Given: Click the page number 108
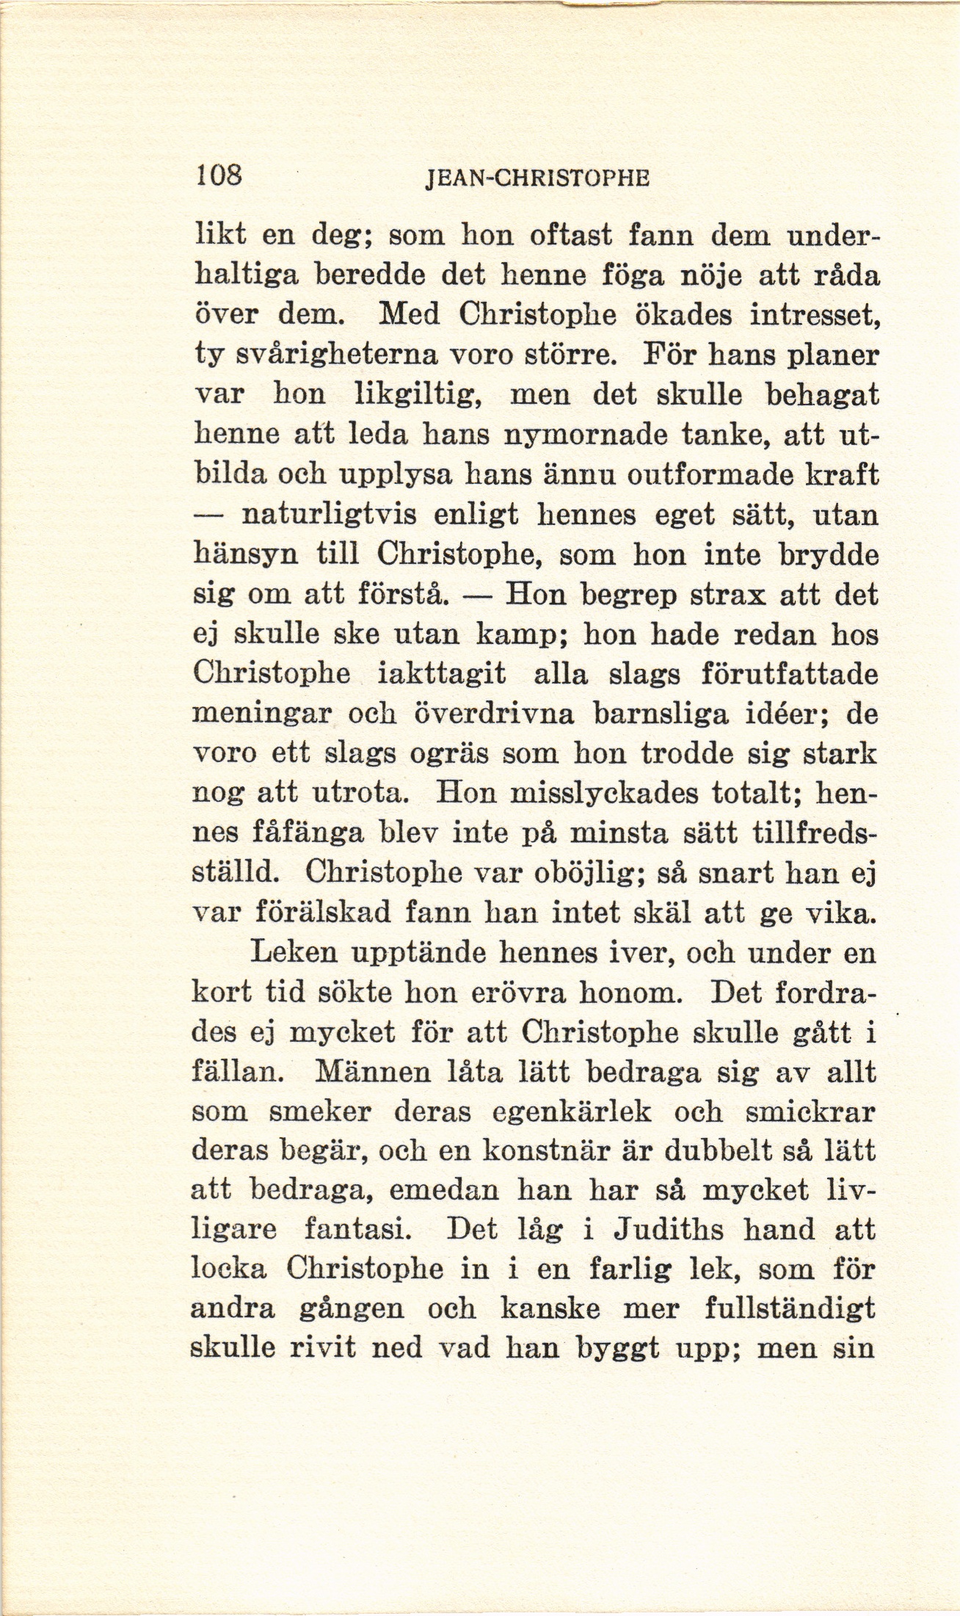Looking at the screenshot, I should coord(218,177).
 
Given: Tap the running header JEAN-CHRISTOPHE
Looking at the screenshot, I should coord(538,179).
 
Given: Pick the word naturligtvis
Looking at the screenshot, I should coord(330,516).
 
